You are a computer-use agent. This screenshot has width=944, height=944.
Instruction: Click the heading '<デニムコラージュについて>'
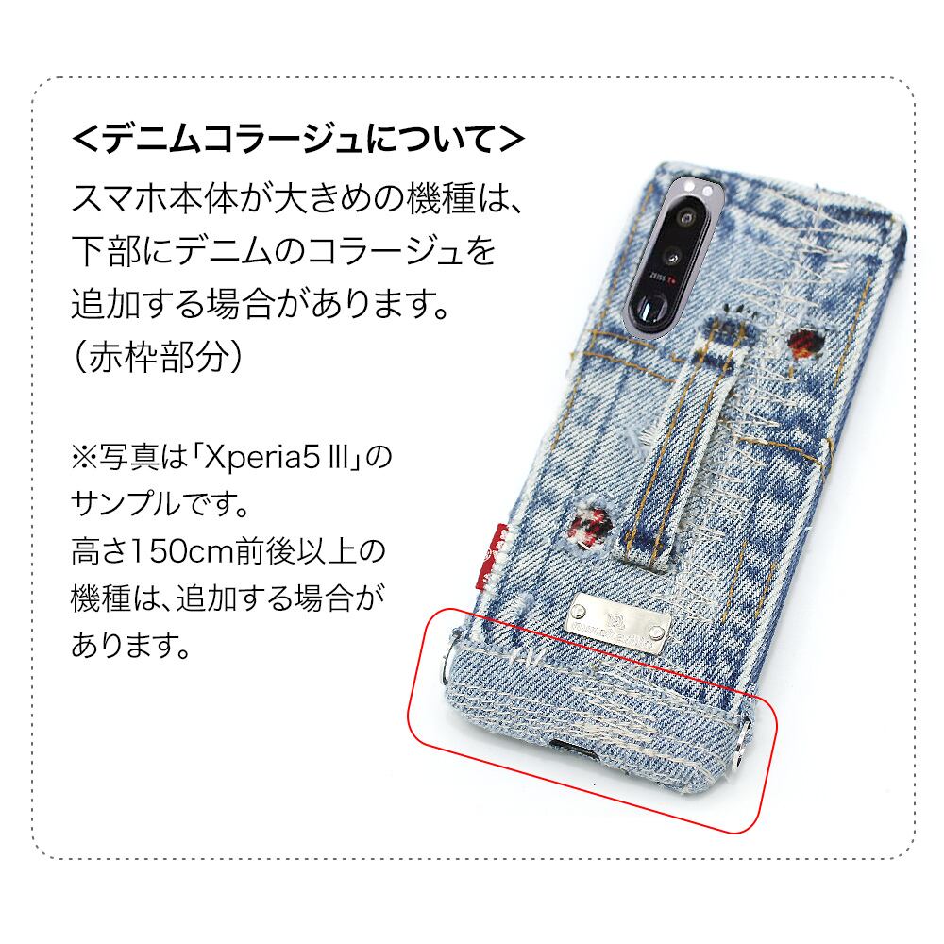click(x=297, y=140)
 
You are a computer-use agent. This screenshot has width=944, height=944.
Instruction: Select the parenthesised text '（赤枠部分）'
click(x=161, y=356)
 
